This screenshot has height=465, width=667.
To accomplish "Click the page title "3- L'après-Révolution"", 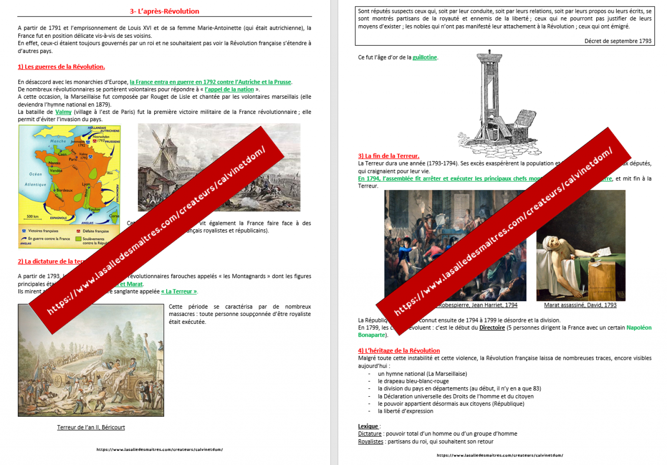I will [x=164, y=11].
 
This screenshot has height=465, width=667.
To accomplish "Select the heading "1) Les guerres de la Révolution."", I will [x=61, y=66].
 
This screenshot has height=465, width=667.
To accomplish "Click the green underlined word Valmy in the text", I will [x=63, y=112].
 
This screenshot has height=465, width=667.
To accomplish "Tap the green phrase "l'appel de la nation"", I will [x=229, y=90].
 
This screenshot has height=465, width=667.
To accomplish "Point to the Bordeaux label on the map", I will [x=64, y=190].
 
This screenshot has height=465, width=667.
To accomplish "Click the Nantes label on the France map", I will [x=54, y=163].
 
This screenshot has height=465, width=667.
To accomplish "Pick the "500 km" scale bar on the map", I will [x=33, y=217].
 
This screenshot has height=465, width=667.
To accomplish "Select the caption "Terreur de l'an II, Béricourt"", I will [x=91, y=428].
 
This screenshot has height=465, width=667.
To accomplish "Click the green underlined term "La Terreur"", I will [x=179, y=292].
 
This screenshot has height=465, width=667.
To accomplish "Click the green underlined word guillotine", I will [x=425, y=57].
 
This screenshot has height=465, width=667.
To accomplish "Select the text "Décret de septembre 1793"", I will [x=617, y=41].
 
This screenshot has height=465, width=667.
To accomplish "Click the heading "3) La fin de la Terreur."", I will [x=389, y=156].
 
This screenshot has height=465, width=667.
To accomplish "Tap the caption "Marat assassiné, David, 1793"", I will [x=580, y=305].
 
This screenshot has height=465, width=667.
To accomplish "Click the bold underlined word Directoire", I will [x=492, y=328].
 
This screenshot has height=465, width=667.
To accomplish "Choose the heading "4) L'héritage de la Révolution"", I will [x=399, y=351].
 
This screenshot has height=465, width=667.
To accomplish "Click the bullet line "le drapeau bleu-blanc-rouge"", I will [x=413, y=381].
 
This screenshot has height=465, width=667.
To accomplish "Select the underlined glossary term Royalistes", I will [x=371, y=442].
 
